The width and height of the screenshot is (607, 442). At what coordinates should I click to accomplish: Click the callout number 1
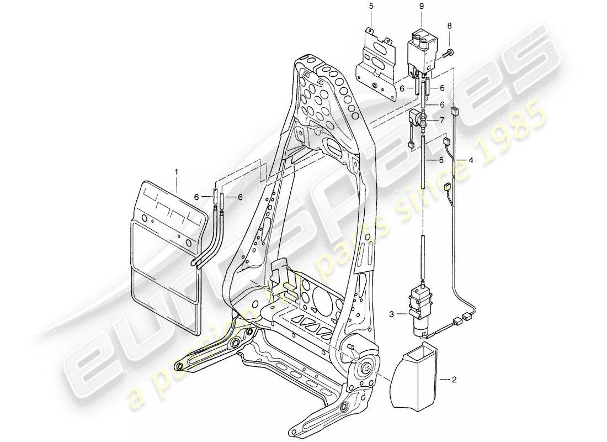tap(177, 172)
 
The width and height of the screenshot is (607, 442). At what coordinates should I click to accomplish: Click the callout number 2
tap(455, 380)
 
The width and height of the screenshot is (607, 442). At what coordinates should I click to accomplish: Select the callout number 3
tap(391, 314)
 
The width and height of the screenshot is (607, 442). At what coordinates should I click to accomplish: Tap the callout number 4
tap(471, 161)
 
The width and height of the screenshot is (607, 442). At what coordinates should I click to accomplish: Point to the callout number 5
tap(371, 7)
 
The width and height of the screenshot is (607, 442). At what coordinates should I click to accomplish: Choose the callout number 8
tap(450, 25)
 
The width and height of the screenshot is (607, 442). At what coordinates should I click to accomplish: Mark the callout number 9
tap(422, 7)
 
